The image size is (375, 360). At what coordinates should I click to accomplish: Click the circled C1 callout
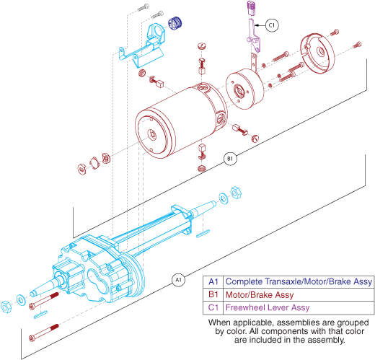[x=272, y=25]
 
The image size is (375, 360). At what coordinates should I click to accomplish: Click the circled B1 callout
[x=230, y=159]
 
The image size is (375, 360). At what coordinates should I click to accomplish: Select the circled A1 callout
[x=178, y=280]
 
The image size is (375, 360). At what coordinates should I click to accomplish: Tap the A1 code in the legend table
[x=213, y=281]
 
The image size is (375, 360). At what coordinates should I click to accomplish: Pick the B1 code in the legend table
[x=213, y=294]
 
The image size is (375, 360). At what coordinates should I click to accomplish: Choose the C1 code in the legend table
[x=213, y=307]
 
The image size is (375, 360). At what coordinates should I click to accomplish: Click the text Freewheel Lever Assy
[x=268, y=307]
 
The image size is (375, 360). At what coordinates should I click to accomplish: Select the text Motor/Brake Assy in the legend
[x=260, y=295]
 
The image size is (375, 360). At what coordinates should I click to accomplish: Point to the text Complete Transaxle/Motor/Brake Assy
[x=299, y=282]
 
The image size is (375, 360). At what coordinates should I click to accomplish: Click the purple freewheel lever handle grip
[x=251, y=8]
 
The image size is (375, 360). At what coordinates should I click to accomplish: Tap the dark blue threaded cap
[x=175, y=23]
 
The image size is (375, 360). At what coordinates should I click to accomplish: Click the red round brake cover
[x=317, y=53]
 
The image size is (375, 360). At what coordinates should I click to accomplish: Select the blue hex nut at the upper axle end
[x=236, y=193]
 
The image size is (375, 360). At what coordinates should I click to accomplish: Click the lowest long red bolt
[x=43, y=333]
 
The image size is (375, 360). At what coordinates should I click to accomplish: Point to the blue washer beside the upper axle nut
[x=224, y=198]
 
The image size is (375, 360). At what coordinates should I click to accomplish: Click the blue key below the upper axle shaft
[x=203, y=234]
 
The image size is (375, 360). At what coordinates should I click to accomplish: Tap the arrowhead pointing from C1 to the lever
[x=256, y=25]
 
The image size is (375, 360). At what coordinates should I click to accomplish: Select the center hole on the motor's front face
[x=152, y=134]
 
